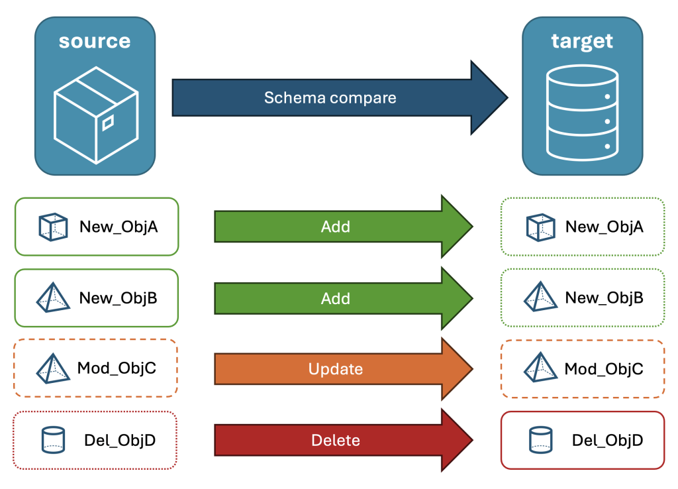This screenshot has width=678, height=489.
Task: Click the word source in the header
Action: click(x=95, y=42)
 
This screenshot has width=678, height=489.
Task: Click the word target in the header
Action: click(x=582, y=42)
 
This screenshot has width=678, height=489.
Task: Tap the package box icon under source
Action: click(x=96, y=115)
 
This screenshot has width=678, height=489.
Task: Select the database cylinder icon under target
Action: click(x=583, y=113)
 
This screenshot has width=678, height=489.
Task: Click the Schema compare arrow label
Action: click(x=330, y=98)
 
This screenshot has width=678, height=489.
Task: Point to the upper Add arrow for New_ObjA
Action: click(x=344, y=227)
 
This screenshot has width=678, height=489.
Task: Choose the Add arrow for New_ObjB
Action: click(x=344, y=298)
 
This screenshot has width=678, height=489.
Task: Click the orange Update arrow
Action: click(x=344, y=368)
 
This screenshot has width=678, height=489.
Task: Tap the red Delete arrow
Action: click(x=344, y=440)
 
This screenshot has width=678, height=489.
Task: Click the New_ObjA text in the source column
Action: click(x=119, y=227)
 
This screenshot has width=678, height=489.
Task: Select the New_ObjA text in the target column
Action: click(x=605, y=227)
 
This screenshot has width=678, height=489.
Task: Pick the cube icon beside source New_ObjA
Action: click(x=53, y=227)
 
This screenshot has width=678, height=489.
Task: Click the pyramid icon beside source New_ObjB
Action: click(x=53, y=298)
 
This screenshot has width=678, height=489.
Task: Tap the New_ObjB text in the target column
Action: click(x=605, y=298)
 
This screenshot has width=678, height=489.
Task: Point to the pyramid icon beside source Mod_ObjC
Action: click(x=53, y=368)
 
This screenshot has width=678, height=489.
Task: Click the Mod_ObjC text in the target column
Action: click(x=604, y=368)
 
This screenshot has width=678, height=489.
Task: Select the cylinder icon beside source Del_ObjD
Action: click(x=53, y=440)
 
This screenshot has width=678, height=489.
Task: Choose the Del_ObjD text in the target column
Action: click(x=608, y=440)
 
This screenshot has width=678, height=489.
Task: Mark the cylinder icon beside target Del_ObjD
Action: click(x=540, y=440)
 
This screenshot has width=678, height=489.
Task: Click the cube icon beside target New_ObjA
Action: click(x=540, y=227)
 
